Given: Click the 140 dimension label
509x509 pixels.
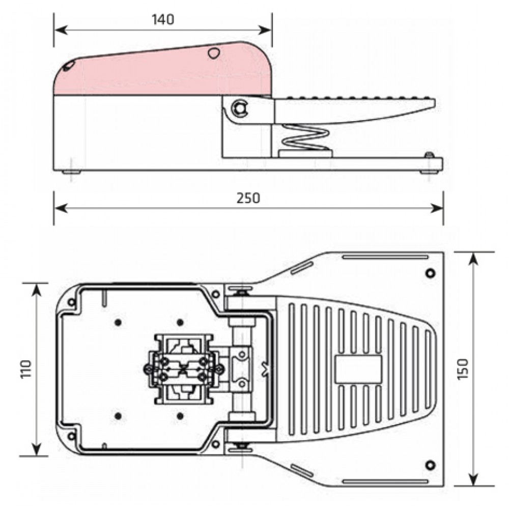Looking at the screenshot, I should click(163, 19).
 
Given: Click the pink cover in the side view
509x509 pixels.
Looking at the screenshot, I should click(163, 74).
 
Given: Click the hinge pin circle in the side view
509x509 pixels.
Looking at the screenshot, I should click(239, 108).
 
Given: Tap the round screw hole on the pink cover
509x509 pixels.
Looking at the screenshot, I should click(214, 52).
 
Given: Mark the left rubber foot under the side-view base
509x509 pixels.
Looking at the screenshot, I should click(71, 173).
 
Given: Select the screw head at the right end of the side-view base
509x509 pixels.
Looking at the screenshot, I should click(430, 155).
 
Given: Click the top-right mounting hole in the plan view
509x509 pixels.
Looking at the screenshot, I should click(431, 273).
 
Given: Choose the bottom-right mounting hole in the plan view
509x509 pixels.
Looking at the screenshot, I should click(431, 464).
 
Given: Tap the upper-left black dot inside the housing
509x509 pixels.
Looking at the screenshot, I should click(118, 322).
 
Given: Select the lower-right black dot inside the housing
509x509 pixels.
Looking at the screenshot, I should click(180, 416).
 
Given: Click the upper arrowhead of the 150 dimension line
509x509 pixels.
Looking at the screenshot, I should click(473, 258).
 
